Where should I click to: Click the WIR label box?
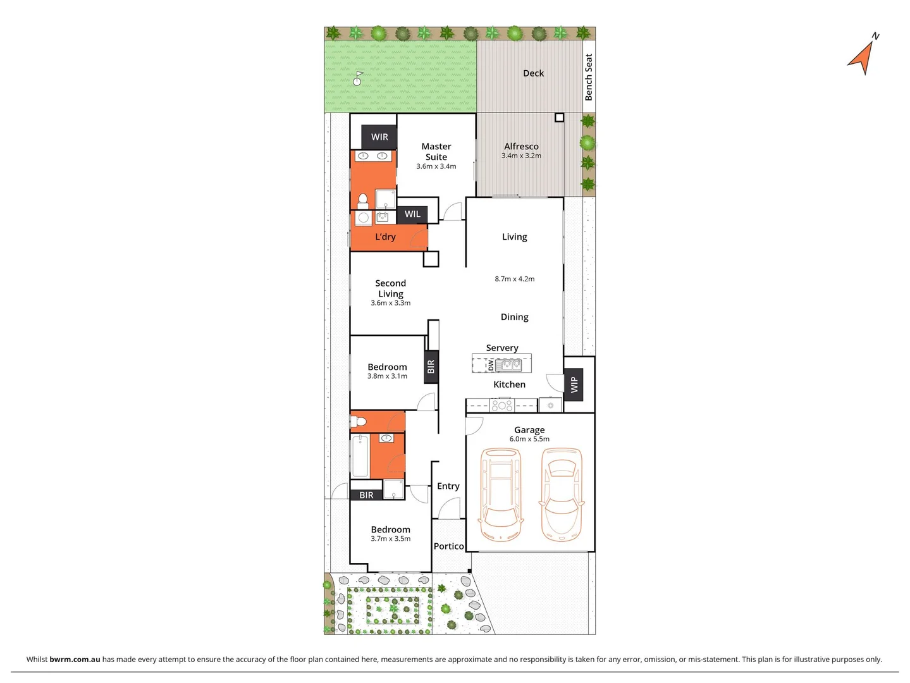379,137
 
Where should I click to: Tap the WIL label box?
412,214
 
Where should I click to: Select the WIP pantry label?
574,384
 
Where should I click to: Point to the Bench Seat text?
589,77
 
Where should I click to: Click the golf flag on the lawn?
358,78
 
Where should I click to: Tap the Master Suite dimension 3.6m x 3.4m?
436,166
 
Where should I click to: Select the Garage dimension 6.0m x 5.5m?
529,439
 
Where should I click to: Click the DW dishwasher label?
490,365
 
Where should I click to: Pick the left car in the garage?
500,493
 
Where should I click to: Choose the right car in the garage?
561,492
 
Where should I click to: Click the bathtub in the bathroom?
360,455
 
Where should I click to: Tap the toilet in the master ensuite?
363,201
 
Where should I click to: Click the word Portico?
448,546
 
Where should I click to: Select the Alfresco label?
521,146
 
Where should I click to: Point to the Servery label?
502,348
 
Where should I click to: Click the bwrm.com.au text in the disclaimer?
75,659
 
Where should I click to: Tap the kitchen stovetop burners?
502,405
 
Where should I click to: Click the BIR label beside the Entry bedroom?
366,495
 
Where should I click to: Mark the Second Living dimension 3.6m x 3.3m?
390,303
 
